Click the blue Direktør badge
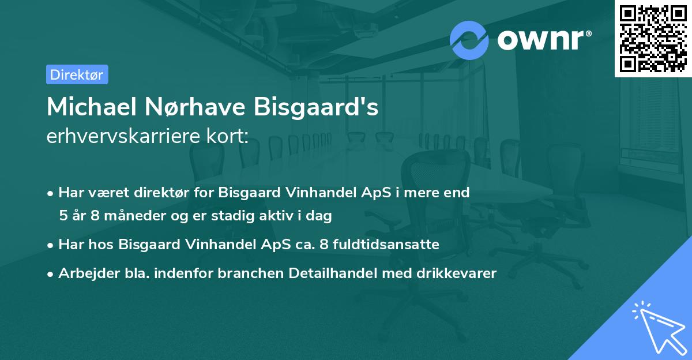(77, 74)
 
